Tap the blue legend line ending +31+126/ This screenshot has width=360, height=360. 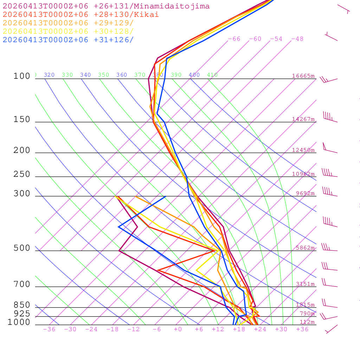coord(68,40)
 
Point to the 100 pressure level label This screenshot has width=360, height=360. coord(22,76)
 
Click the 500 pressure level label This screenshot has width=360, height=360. coord(22,248)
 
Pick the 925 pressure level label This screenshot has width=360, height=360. coord(22,314)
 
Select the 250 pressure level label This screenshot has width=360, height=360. coord(22,174)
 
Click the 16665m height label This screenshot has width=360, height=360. coord(303,76)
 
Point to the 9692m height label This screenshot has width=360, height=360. coord(305,193)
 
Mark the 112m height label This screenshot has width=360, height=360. coord(307,322)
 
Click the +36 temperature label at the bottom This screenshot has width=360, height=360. coord(302,329)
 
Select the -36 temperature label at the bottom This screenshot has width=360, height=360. coord(49,329)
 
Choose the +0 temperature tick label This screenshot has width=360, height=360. coord(178,329)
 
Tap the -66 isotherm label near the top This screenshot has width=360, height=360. coord(234,39)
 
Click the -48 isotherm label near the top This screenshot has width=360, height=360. coord(297,39)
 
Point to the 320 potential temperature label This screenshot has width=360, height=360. coord(49,75)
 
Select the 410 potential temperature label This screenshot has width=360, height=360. coord(212,75)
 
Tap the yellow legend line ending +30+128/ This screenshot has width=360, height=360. coord(68,31)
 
